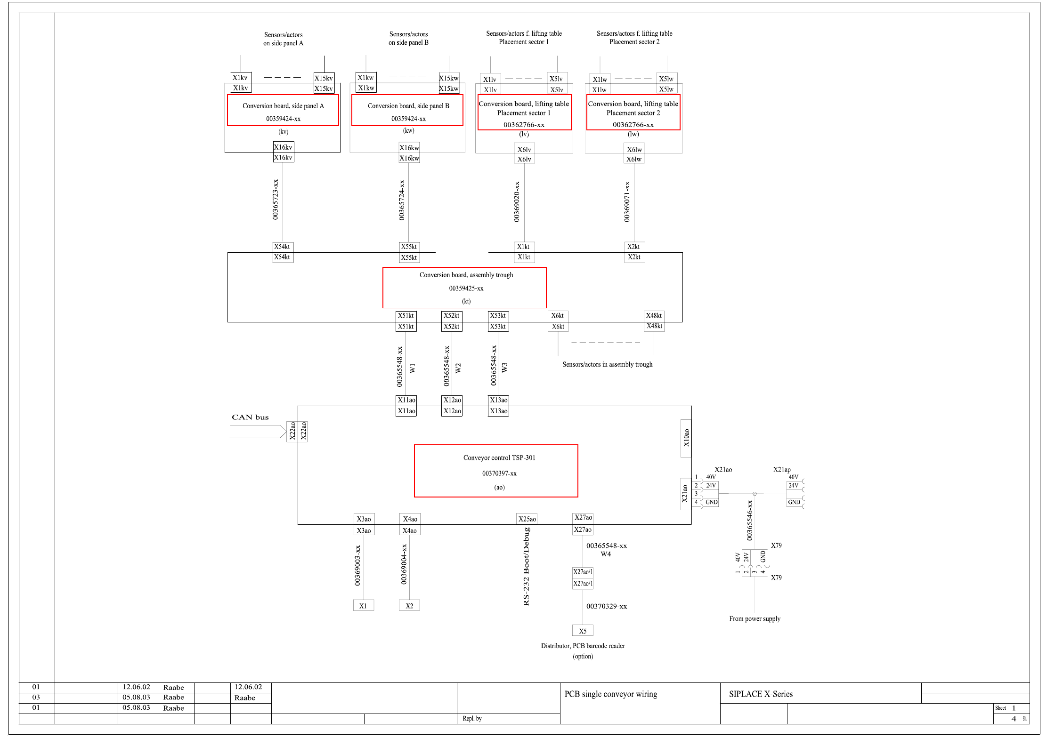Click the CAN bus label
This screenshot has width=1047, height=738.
tap(250, 417)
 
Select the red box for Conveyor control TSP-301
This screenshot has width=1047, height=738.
tap(496, 471)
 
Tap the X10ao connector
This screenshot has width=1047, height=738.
tap(686, 438)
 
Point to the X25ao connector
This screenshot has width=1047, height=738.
tap(527, 519)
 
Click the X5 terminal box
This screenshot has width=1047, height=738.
tap(583, 631)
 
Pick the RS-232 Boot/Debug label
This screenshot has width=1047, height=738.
tap(527, 566)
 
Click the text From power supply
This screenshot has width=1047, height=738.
tap(755, 618)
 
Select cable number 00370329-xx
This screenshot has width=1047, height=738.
tap(607, 606)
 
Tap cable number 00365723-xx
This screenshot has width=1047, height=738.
tap(276, 199)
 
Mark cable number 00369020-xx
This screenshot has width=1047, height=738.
tap(517, 201)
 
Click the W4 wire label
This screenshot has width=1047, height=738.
tap(606, 554)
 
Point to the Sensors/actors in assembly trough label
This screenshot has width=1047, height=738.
tap(607, 364)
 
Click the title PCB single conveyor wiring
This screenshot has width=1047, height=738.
tap(610, 694)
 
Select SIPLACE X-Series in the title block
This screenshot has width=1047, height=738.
tap(761, 694)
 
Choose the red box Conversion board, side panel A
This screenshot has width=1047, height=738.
tap(283, 111)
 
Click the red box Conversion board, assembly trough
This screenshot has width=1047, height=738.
tap(464, 288)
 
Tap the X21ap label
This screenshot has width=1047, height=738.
tap(782, 469)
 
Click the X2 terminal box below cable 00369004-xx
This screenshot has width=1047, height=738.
tap(409, 606)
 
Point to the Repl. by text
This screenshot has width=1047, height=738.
tap(472, 718)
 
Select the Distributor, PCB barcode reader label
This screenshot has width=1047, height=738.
tap(583, 646)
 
